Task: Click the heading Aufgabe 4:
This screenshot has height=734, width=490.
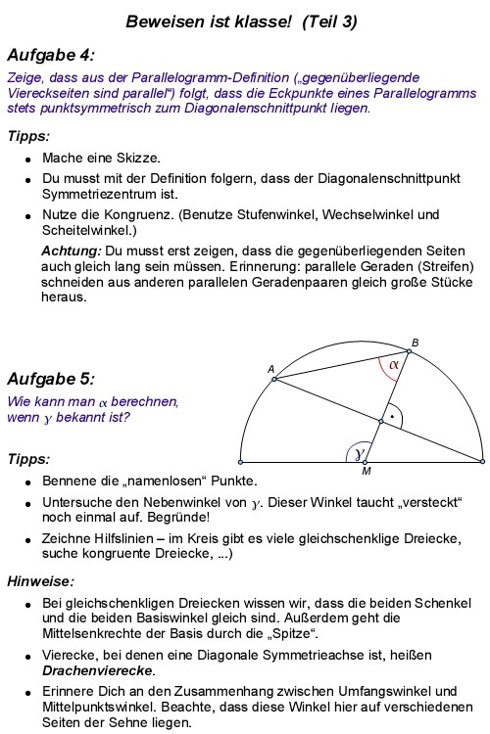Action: point(50,55)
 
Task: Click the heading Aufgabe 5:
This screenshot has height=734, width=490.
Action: point(50,379)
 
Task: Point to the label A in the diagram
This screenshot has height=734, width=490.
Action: point(270,368)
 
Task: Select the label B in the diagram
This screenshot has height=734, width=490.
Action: point(415,342)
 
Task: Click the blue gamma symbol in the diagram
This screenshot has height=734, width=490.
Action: point(361,452)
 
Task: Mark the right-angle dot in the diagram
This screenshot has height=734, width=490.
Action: point(392,416)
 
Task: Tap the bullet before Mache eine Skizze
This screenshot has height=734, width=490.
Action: point(28,158)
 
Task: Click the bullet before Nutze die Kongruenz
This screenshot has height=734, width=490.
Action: point(28,214)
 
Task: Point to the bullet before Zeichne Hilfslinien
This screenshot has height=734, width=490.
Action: point(28,541)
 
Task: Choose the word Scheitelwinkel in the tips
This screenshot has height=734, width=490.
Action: point(85,231)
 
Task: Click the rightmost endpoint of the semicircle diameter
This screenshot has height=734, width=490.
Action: point(482,460)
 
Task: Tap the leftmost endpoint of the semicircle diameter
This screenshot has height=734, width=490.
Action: point(241,460)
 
